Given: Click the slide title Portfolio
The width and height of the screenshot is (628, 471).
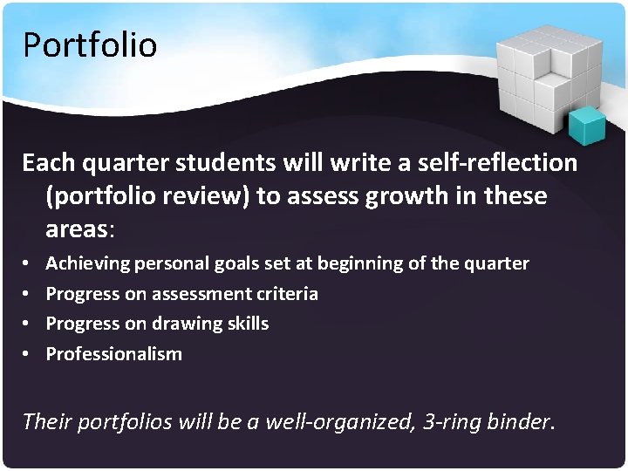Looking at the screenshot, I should click(x=89, y=44).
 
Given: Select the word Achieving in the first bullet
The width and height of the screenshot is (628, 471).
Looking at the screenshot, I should click(x=88, y=263).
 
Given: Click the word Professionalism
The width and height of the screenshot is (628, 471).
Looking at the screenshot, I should click(x=114, y=353).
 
